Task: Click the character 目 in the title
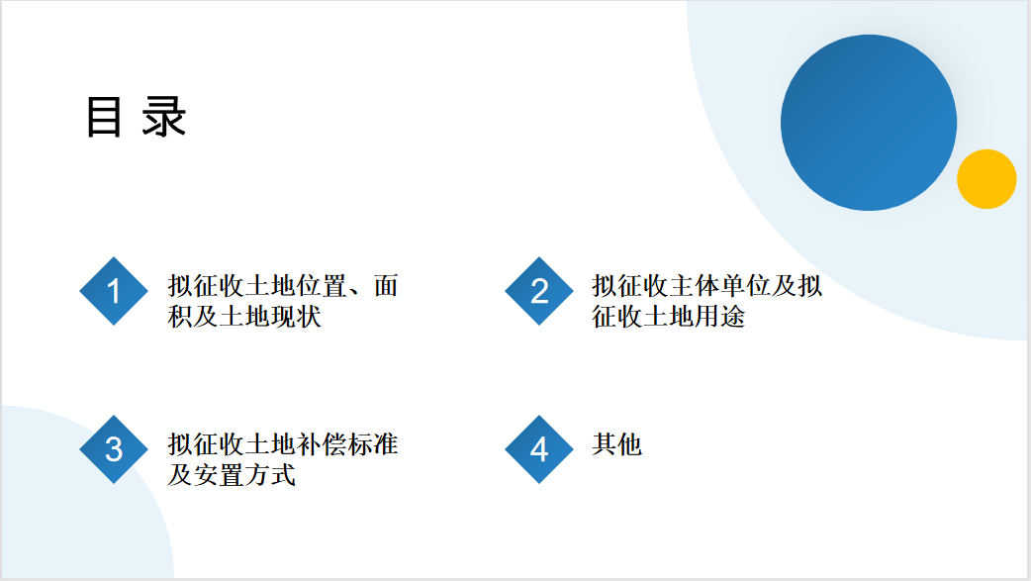click(x=104, y=117)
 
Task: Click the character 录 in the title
click(x=164, y=117)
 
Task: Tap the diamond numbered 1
click(x=114, y=291)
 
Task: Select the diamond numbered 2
click(x=539, y=291)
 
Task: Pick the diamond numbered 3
click(x=114, y=449)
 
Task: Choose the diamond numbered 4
click(x=539, y=449)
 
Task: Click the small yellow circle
click(x=986, y=179)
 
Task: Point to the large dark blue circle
click(x=869, y=123)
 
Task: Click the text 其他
click(x=616, y=444)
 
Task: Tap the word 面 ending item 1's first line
click(x=386, y=286)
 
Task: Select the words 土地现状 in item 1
click(x=270, y=317)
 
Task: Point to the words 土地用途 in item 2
click(x=695, y=317)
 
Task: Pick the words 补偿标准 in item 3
click(x=347, y=444)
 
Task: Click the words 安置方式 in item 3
click(x=244, y=475)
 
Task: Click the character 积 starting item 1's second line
click(x=180, y=317)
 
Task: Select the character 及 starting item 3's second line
click(x=180, y=475)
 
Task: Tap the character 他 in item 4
click(x=630, y=444)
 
